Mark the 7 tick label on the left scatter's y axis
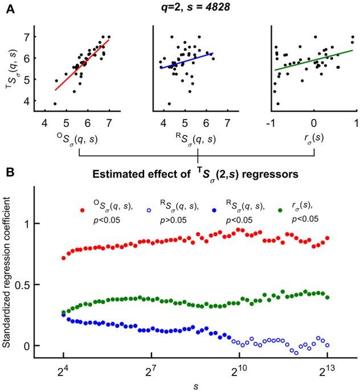tap(35, 37)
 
